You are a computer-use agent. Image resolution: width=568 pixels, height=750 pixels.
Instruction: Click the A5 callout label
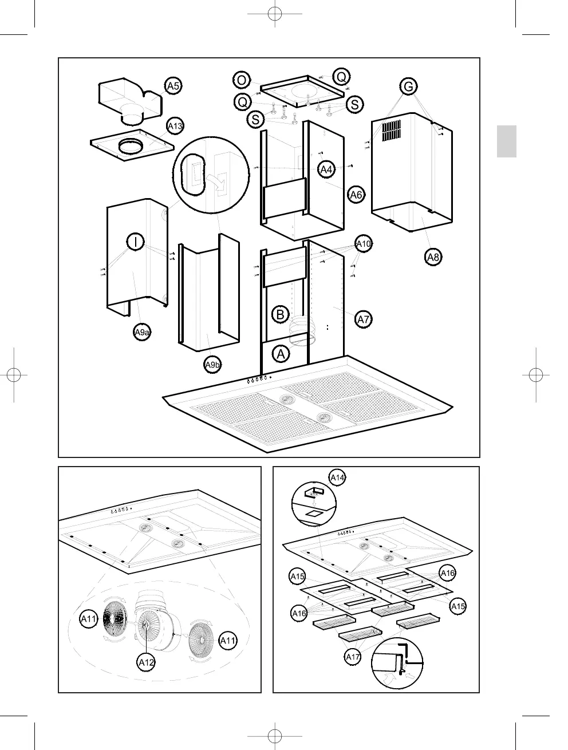pos(173,86)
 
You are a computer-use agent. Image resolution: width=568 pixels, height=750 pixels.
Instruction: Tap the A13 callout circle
pos(175,126)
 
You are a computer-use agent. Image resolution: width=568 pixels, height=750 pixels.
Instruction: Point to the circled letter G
pos(408,87)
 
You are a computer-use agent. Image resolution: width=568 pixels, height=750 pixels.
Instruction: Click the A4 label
pos(326,169)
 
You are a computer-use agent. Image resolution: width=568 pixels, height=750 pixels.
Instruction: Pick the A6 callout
pos(356,195)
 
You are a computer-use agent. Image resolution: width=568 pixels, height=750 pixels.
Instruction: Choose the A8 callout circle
pos(433,257)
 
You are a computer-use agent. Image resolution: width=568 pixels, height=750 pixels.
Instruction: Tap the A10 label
pos(364,244)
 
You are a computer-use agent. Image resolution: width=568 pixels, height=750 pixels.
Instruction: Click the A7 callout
pos(364,319)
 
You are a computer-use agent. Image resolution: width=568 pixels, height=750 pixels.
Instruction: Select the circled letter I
pos(135,242)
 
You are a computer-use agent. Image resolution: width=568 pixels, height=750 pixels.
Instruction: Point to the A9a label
pos(141,332)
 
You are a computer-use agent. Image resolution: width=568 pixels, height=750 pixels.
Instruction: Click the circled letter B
pos(279,314)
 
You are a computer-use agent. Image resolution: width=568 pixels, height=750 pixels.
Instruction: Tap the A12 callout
pos(146,662)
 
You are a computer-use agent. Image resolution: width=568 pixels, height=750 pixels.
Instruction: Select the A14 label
pos(337,477)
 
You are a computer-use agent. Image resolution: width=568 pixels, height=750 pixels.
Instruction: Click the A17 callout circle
pos(353,657)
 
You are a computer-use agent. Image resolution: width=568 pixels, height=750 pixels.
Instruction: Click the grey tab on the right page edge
pos(506,141)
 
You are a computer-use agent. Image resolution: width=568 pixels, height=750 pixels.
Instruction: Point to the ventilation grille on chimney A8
pos(393,131)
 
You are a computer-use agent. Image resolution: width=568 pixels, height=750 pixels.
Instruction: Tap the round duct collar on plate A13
pos(131,146)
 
